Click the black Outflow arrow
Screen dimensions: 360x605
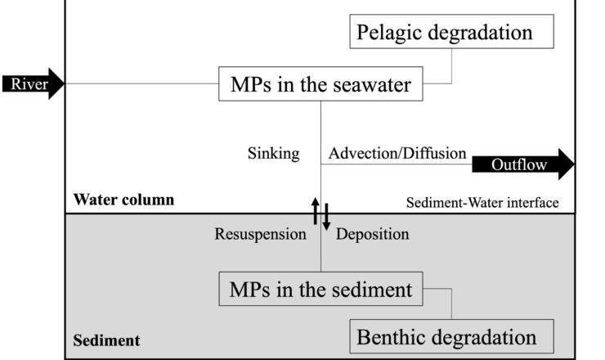[x=523, y=164]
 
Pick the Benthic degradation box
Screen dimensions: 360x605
[x=452, y=336]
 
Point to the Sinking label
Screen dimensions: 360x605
[x=274, y=153]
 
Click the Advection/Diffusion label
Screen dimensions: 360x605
[x=397, y=153]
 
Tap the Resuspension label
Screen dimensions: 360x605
[x=261, y=234]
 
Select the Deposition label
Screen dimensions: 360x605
[x=373, y=234]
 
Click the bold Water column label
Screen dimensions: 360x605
[x=123, y=199]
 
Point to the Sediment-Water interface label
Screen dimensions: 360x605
[x=482, y=202]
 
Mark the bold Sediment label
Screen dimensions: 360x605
[x=107, y=340]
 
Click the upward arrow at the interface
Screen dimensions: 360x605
[x=316, y=211]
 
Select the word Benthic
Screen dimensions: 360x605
[x=399, y=336]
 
